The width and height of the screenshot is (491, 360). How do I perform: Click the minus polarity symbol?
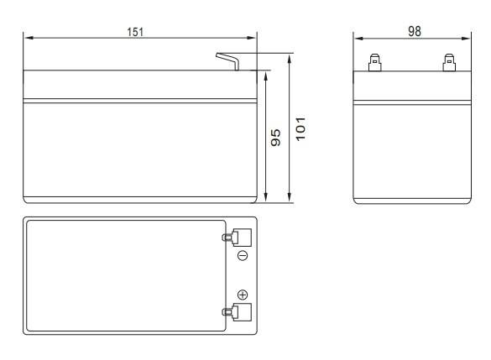243,255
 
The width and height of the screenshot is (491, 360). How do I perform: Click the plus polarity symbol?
243,294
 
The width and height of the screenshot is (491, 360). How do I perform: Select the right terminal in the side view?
449,62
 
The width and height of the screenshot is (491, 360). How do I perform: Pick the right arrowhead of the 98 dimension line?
467,38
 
